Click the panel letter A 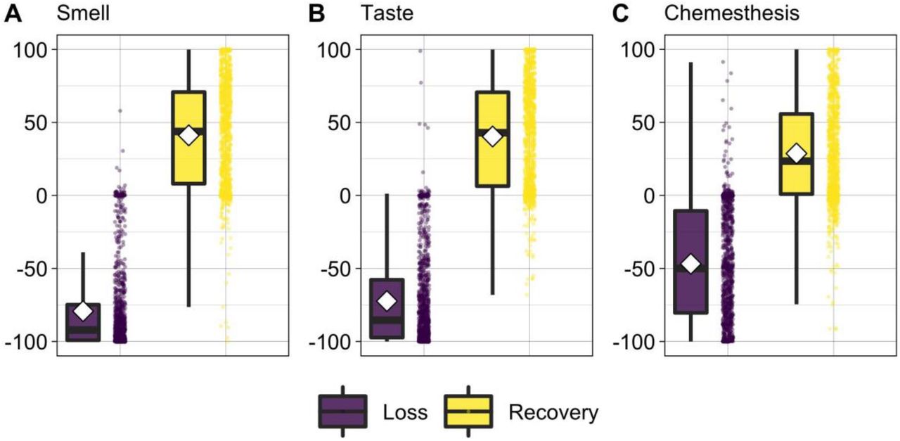[x=13, y=13]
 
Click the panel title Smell [x=83, y=13]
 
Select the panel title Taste [x=387, y=13]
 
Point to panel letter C [x=620, y=13]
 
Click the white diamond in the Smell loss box [x=83, y=311]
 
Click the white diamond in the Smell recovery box [x=189, y=136]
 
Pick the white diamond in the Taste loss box [x=387, y=301]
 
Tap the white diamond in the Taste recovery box [x=493, y=136]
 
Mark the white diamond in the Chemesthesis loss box [x=690, y=264]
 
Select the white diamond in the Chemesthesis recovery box [x=797, y=153]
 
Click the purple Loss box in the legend [x=342, y=411]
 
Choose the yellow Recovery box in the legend [x=468, y=411]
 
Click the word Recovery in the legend [x=553, y=412]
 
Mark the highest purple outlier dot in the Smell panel [x=120, y=110]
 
